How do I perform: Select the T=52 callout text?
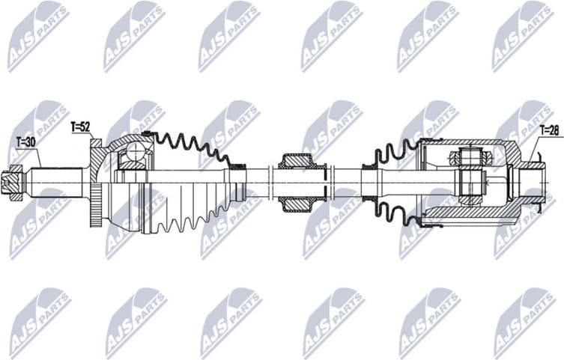(80, 127)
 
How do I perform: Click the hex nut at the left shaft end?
(13, 182)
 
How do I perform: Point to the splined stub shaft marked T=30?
(56, 182)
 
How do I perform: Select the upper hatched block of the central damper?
(297, 161)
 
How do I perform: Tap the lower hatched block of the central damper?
(297, 202)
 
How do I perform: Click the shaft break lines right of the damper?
(330, 182)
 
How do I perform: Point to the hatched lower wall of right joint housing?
(479, 216)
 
